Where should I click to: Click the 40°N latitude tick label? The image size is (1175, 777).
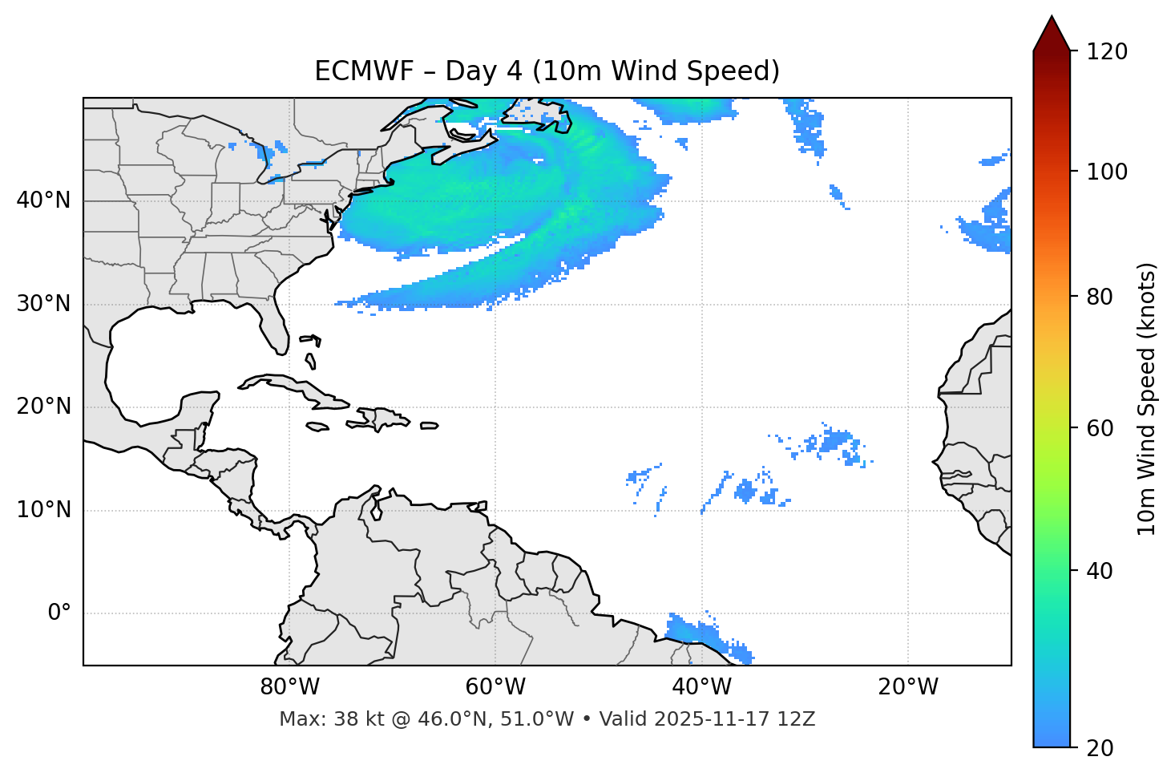pos(43,200)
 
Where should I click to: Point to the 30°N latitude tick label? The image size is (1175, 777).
pos(43,304)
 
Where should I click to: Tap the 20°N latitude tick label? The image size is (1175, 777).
pos(43,407)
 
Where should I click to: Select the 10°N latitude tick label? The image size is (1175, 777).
pos(43,510)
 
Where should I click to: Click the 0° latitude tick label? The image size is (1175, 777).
pos(59,613)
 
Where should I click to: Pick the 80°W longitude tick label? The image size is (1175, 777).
pos(289,687)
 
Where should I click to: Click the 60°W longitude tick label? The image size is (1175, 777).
pos(495,687)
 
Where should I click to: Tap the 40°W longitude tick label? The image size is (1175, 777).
pos(701,687)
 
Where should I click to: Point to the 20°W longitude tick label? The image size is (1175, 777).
pos(908,687)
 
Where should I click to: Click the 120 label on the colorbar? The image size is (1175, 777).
pos(1106,52)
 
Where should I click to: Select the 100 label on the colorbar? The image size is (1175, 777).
pos(1106,172)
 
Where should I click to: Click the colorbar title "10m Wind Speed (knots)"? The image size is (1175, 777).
pos(1147,399)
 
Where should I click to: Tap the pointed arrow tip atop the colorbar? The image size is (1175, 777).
pos(1052,19)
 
